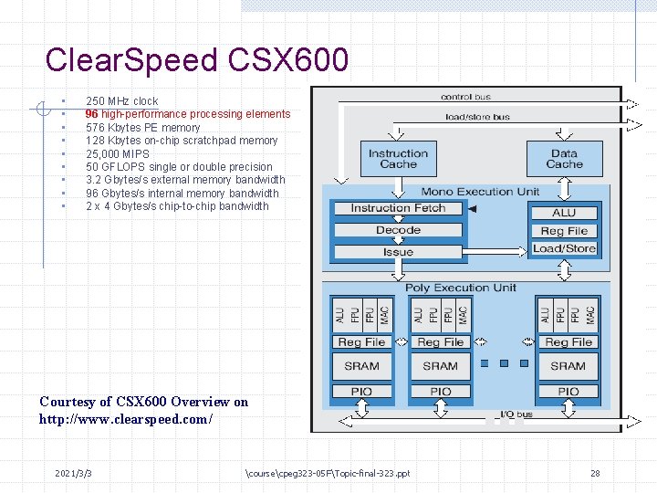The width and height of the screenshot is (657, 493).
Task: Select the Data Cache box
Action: click(564, 159)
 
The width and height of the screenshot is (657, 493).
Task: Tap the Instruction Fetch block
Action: click(398, 208)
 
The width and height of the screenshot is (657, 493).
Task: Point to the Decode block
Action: click(398, 230)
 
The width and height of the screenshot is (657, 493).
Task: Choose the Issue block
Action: click(398, 252)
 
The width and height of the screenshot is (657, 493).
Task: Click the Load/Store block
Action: click(564, 248)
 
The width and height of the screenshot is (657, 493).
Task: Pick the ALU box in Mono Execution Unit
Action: click(564, 213)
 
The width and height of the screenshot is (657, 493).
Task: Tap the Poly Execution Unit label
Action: click(460, 288)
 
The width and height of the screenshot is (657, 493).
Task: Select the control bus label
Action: click(465, 97)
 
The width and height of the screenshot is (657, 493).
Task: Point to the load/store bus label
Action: click(476, 117)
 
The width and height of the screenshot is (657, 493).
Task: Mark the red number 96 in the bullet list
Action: click(92, 114)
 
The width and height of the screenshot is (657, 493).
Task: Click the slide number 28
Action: click(595, 473)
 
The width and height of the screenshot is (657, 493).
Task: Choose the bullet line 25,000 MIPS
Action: click(117, 153)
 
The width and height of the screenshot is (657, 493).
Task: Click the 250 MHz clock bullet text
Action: click(121, 101)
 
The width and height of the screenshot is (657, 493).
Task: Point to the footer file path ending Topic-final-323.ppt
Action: click(328, 473)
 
